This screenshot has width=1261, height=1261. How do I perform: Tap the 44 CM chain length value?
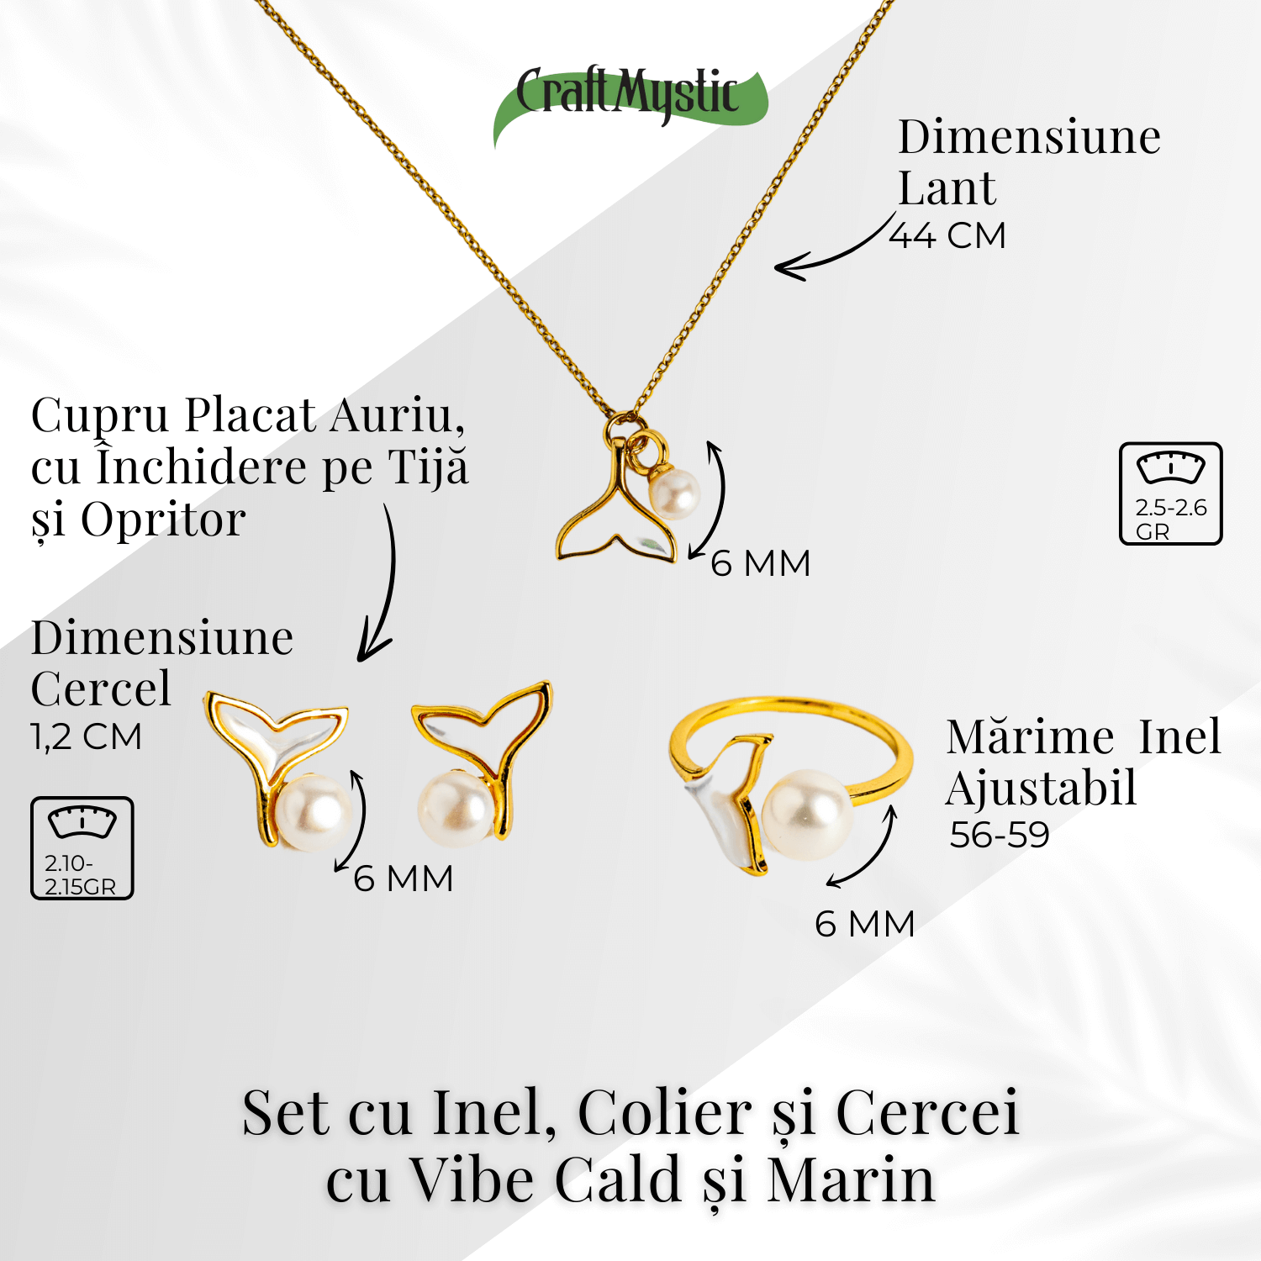947,235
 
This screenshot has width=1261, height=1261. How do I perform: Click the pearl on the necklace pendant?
675,493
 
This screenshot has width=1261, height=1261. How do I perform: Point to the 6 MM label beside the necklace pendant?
761,563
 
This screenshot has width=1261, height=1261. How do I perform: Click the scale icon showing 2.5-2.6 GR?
1170,493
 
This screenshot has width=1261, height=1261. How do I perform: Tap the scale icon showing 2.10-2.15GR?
82,848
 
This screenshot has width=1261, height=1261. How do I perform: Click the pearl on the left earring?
314,812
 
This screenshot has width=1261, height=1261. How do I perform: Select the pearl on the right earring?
455,809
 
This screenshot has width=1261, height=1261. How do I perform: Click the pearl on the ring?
805,815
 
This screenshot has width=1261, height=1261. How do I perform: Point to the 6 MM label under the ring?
864,924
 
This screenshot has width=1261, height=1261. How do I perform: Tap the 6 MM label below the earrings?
404,878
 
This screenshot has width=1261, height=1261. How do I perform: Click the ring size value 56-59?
1000,835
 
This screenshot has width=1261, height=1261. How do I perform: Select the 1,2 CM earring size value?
86,736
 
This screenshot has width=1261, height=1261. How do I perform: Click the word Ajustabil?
1041,789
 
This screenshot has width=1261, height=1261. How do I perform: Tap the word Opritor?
163,520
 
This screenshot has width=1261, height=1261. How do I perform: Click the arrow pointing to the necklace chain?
832,252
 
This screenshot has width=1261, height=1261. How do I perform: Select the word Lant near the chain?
947,187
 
